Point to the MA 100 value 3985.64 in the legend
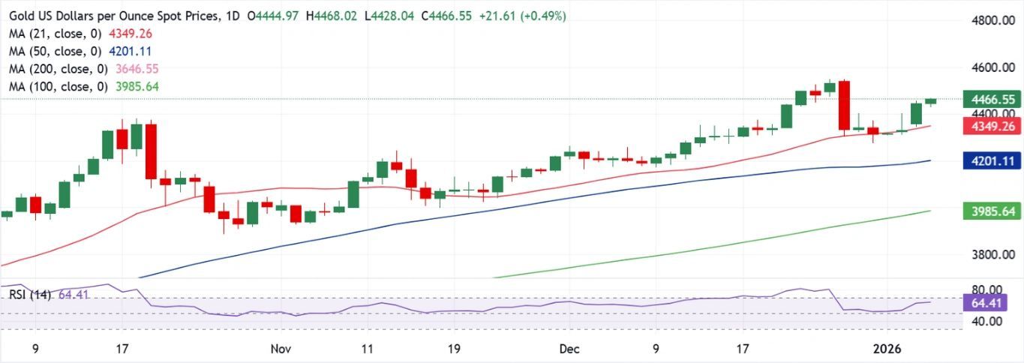pos(138,87)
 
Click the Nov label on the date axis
pos(281,349)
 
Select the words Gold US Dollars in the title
pos(53,16)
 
